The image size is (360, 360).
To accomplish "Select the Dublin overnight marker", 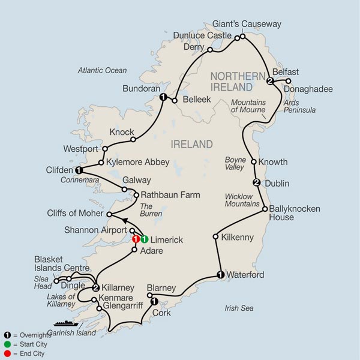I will tap(256, 182).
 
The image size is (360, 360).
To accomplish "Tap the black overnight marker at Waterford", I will tap(220, 275).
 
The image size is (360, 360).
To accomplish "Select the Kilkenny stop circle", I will tap(215, 237).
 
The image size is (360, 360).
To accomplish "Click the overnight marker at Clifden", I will tap(78, 170).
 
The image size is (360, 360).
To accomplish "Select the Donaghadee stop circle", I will tap(288, 81).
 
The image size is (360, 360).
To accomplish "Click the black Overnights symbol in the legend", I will tap(7, 334).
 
